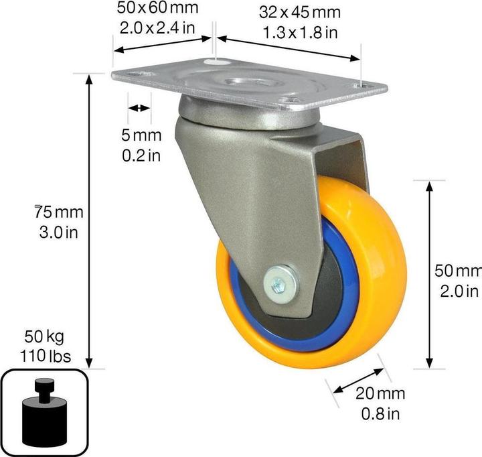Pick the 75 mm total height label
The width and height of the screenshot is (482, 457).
coord(59,213)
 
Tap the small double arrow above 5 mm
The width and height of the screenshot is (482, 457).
coord(139,109)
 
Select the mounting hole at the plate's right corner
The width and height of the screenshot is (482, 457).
coord(363,85)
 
